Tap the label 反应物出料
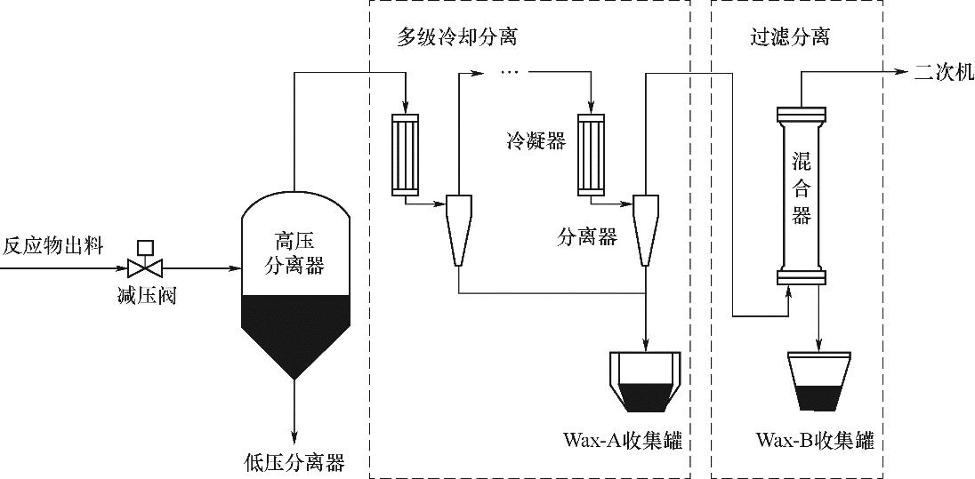point(52,245)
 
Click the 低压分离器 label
point(294,462)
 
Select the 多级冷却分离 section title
point(457,38)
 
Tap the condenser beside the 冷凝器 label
point(590,153)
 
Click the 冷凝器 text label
point(536,141)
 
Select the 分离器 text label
point(587,237)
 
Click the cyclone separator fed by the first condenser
point(457,228)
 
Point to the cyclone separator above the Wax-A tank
point(645,228)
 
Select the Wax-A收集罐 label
point(623,441)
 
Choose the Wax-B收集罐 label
point(815,441)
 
